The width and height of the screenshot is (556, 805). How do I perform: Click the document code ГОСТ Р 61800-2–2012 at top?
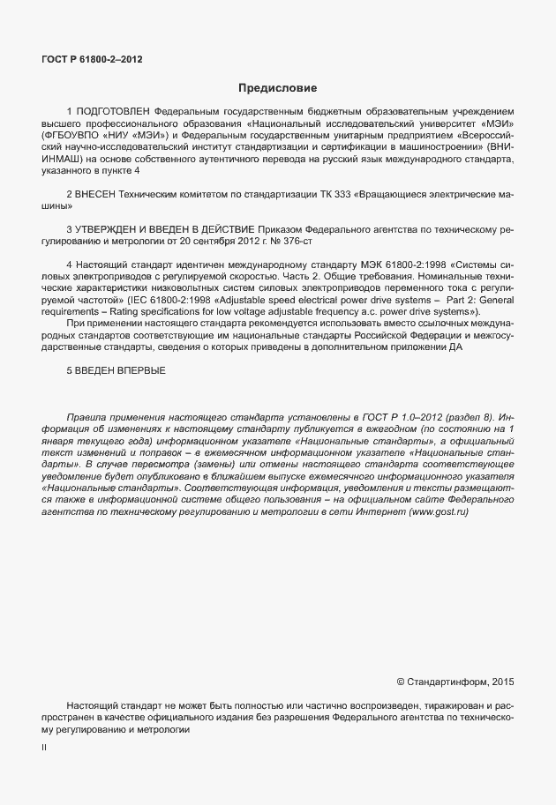click(92, 60)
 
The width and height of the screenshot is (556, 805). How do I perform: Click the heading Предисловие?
click(277, 88)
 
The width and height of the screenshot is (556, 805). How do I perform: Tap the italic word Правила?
click(84, 416)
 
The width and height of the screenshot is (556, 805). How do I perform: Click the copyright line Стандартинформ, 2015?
click(460, 682)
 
